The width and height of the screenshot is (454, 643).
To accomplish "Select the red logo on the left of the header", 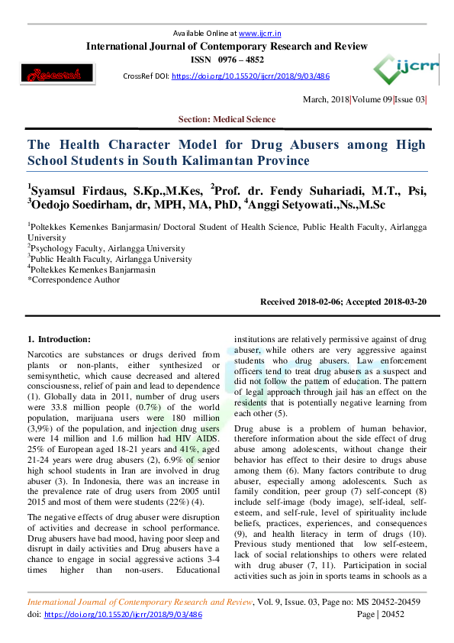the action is point(49,76).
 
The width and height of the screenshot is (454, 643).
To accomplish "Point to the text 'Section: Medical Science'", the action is point(227,119).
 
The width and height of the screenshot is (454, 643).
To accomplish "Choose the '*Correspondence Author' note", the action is point(74,279).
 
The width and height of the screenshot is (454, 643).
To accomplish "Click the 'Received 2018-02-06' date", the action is point(303,302).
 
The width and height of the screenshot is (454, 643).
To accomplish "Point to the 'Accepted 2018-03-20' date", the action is point(388,302).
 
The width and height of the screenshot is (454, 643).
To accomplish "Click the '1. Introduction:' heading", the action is point(59,338).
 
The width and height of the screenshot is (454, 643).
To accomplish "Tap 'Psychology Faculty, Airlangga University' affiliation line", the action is point(108,248).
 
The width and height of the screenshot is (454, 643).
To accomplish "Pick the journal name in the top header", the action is point(227,46).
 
